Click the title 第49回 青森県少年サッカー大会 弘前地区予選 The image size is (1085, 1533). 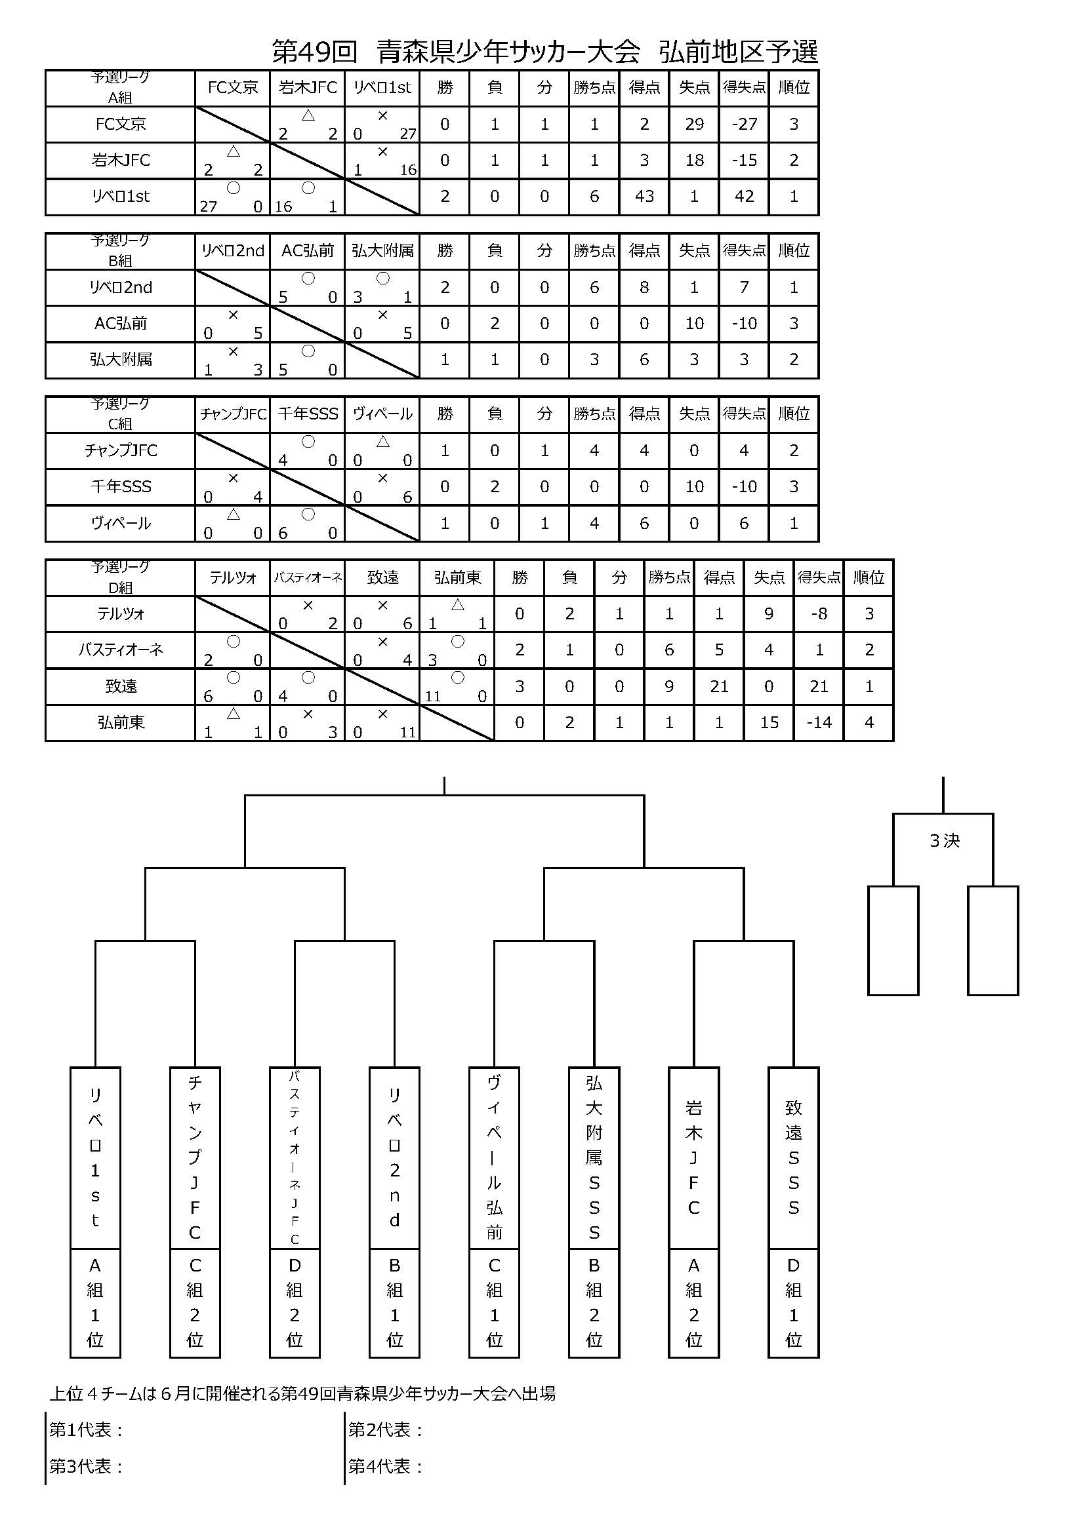click(544, 52)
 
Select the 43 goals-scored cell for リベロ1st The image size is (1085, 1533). click(644, 197)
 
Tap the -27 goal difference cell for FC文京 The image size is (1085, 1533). click(745, 124)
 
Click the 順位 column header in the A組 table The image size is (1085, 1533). click(794, 87)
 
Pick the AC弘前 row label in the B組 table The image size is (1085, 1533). click(120, 324)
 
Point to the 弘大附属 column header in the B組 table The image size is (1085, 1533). click(382, 251)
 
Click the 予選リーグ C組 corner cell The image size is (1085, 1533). click(120, 414)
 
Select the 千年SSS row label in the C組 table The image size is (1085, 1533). click(120, 487)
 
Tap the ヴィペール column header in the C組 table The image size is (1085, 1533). click(382, 414)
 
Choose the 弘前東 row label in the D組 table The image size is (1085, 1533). click(120, 722)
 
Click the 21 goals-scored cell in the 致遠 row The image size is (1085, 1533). click(719, 686)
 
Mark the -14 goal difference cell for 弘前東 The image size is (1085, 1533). click(819, 722)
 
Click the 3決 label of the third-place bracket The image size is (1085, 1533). click(944, 841)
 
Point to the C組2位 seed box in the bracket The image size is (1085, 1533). click(195, 1303)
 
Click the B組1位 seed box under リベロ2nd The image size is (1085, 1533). click(395, 1303)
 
